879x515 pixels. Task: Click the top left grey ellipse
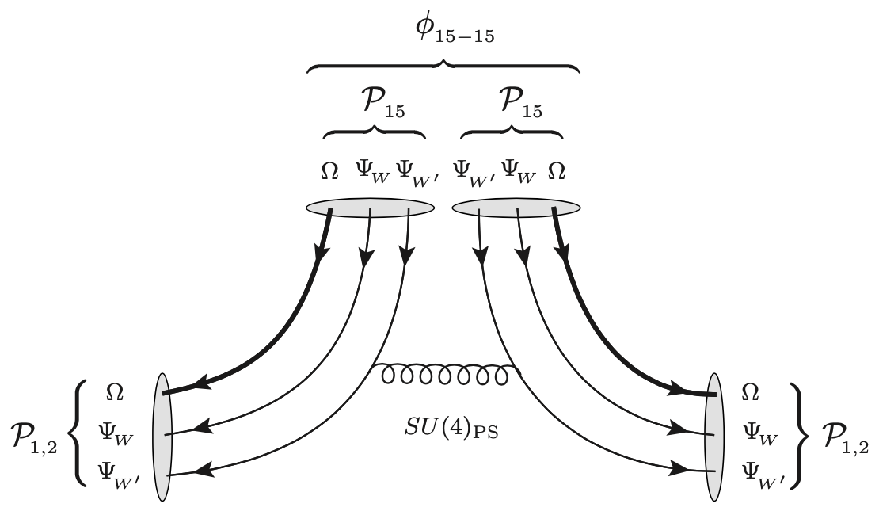368,208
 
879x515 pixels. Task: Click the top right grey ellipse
514,208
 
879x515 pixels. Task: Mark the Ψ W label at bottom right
759,433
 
